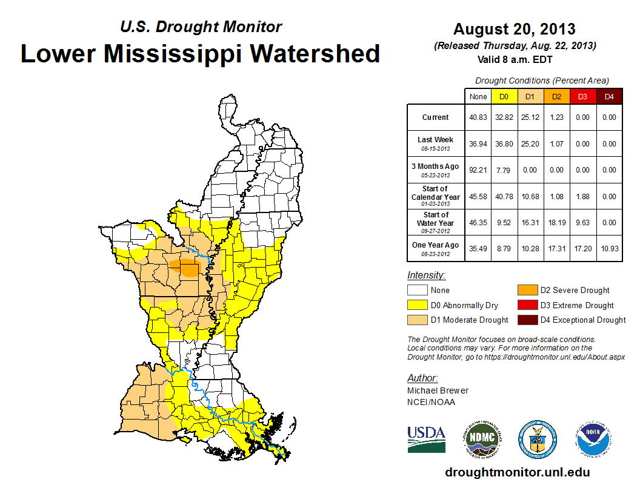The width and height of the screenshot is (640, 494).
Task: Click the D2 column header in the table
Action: tap(556, 96)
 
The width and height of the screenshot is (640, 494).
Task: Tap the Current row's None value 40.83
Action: tap(478, 117)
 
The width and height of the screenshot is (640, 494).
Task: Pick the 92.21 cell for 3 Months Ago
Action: tap(478, 170)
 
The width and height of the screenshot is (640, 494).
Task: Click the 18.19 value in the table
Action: tap(556, 222)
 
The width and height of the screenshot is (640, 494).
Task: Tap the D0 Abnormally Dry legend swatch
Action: tap(417, 305)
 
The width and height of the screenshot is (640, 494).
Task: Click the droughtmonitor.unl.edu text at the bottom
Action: tap(517, 472)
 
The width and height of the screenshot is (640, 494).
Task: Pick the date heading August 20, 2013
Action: tap(515, 29)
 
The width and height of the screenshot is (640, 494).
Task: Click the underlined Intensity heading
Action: tap(426, 275)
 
